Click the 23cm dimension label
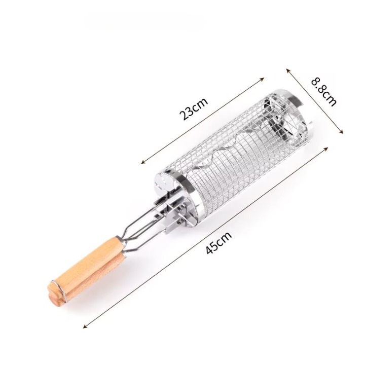click(x=194, y=108)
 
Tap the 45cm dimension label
click(x=219, y=242)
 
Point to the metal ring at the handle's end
click(x=58, y=289)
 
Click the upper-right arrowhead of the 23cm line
click(x=263, y=79)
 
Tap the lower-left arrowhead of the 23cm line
click(x=143, y=162)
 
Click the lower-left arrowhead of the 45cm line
click(x=86, y=326)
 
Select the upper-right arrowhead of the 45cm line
click(x=325, y=149)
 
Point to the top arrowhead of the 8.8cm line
click(x=288, y=70)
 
